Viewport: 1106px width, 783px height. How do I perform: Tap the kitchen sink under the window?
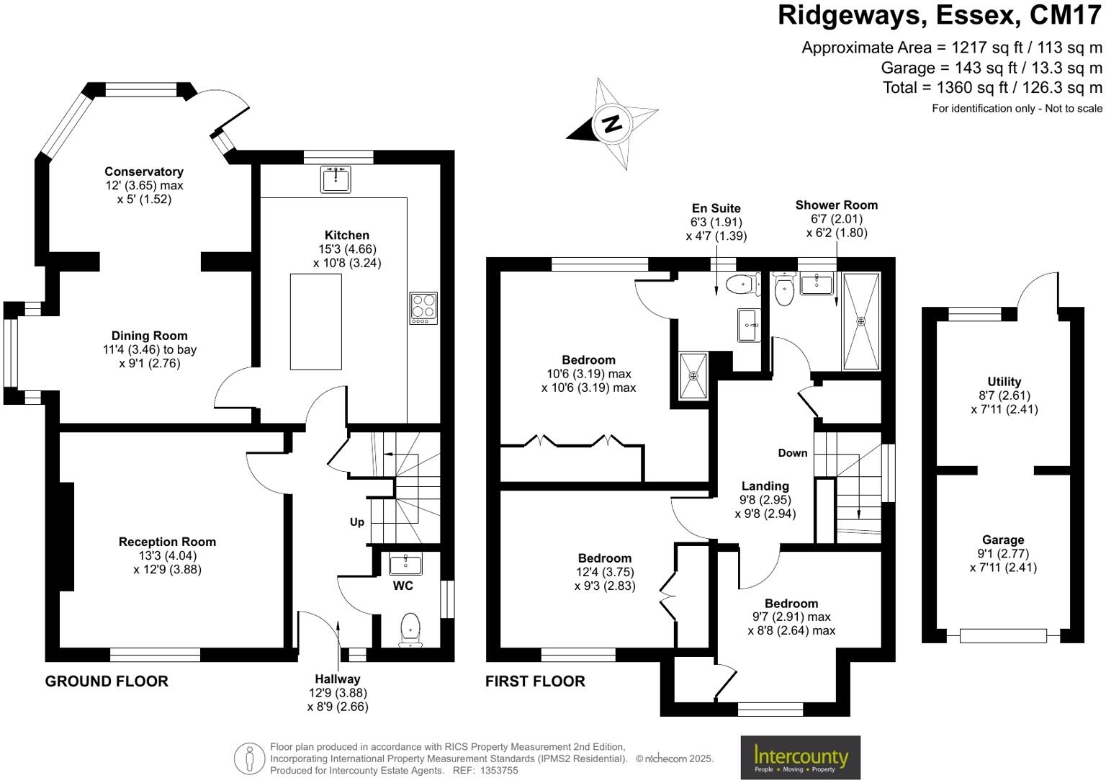click(x=336, y=179)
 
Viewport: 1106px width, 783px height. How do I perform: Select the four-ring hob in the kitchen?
click(x=423, y=308)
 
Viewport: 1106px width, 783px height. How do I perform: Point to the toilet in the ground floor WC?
click(x=410, y=628)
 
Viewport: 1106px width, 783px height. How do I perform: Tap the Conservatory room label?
click(x=144, y=171)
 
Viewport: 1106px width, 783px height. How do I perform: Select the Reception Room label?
click(x=167, y=542)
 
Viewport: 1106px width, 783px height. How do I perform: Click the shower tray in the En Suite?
click(x=694, y=375)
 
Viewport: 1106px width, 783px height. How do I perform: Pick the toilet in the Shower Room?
click(x=783, y=290)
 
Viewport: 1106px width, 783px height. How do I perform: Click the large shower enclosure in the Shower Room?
click(x=861, y=321)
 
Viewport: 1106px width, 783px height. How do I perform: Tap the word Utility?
click(x=1004, y=382)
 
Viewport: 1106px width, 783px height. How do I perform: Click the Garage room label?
click(x=1003, y=540)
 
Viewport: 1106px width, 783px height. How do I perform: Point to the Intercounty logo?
click(x=801, y=757)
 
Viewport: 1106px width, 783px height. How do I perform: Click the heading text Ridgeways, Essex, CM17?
click(x=939, y=15)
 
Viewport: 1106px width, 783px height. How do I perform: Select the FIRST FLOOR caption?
click(x=535, y=681)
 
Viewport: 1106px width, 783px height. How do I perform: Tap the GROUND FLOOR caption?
click(x=107, y=681)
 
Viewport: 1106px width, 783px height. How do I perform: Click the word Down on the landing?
click(x=792, y=453)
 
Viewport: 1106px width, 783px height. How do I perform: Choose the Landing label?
click(x=765, y=486)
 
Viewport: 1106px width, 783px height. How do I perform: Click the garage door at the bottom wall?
click(x=1003, y=635)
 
